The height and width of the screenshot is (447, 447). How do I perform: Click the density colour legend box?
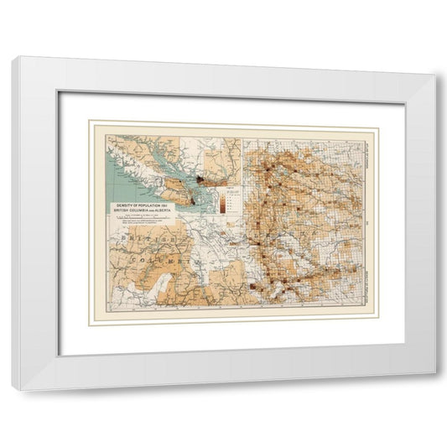click(x=221, y=199)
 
